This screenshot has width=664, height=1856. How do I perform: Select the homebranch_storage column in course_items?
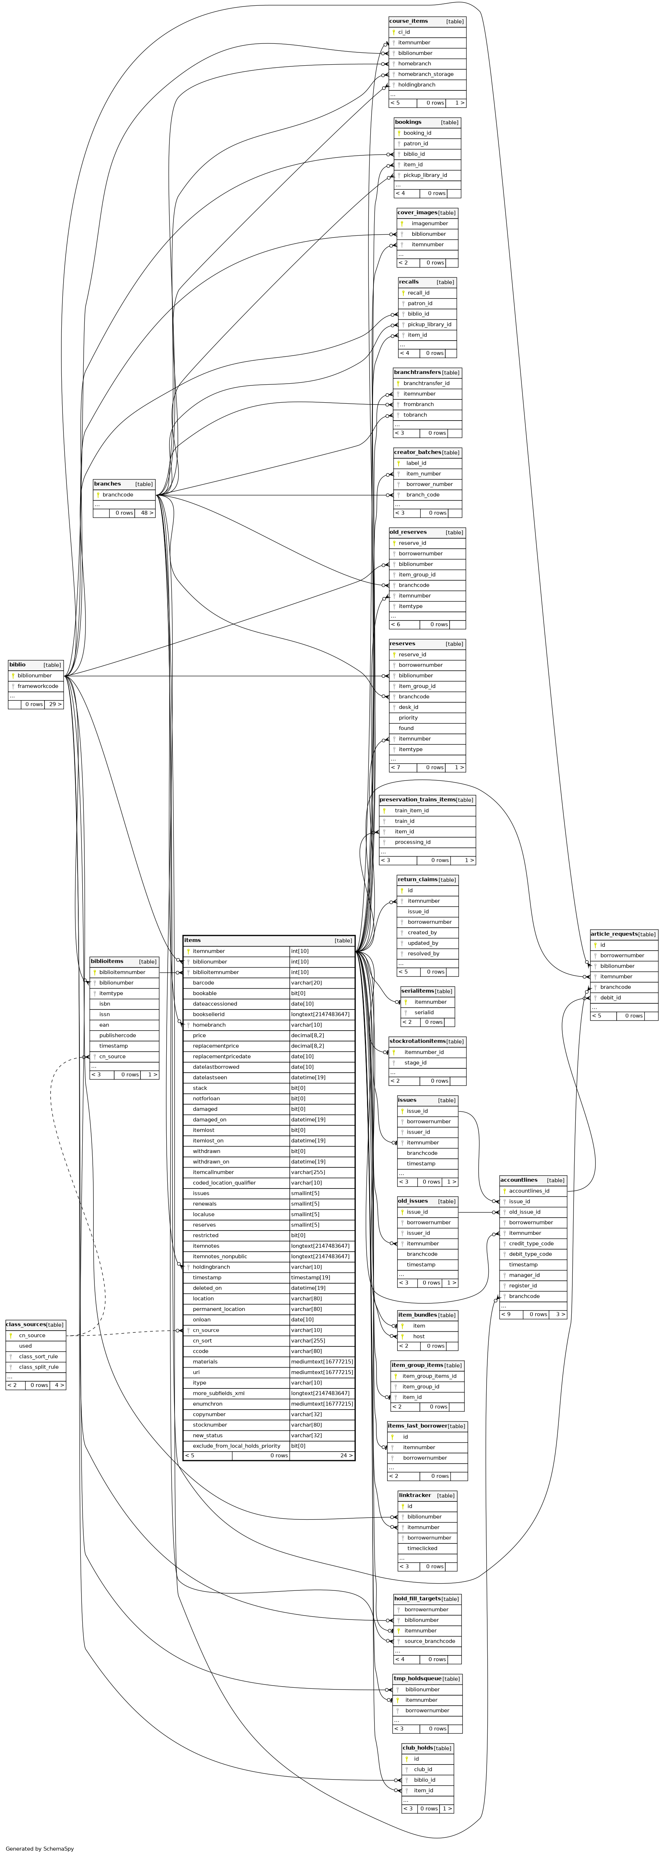coord(425,74)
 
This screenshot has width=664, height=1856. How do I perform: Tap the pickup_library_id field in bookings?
coord(424,175)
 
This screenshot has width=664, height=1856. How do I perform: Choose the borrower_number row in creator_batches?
coord(429,484)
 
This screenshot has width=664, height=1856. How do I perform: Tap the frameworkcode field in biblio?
coord(37,686)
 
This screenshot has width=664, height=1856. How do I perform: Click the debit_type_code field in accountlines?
coord(530,1254)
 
